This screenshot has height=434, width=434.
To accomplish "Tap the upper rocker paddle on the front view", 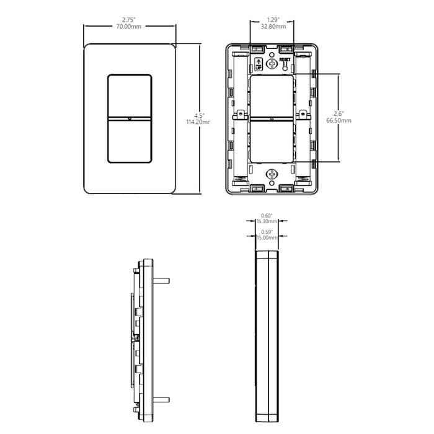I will (x=130, y=94).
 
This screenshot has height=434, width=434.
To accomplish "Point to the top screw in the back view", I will (x=272, y=63).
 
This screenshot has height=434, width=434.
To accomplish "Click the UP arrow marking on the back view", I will (x=259, y=63).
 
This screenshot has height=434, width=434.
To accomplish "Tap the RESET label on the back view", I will (x=285, y=60).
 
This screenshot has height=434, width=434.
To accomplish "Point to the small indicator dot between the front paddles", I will (x=130, y=118).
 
